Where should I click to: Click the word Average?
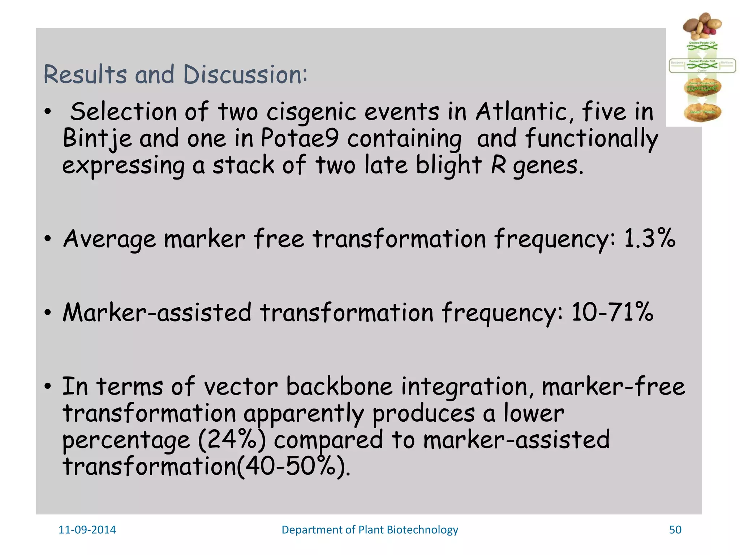(x=109, y=239)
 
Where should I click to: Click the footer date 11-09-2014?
(x=87, y=530)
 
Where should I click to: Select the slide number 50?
(x=675, y=530)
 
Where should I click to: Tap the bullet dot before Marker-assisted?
(x=47, y=313)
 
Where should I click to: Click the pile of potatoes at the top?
(x=701, y=26)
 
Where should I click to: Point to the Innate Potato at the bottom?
(x=702, y=112)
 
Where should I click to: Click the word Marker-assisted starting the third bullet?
(x=157, y=312)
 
